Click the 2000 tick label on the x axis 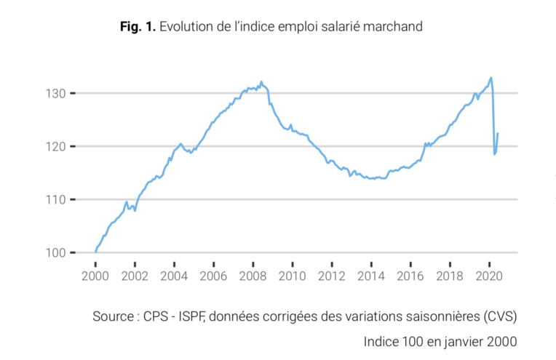pyautogui.click(x=95, y=276)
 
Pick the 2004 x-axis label pyautogui.click(x=174, y=276)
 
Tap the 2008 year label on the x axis pyautogui.click(x=253, y=276)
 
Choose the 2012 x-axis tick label pyautogui.click(x=331, y=276)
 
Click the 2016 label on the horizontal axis pyautogui.click(x=410, y=276)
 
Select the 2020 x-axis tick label pyautogui.click(x=489, y=276)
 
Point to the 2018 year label pyautogui.click(x=450, y=276)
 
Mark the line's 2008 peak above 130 pyautogui.click(x=261, y=81)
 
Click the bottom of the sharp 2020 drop pyautogui.click(x=494, y=154)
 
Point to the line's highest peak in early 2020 pyautogui.click(x=491, y=77)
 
